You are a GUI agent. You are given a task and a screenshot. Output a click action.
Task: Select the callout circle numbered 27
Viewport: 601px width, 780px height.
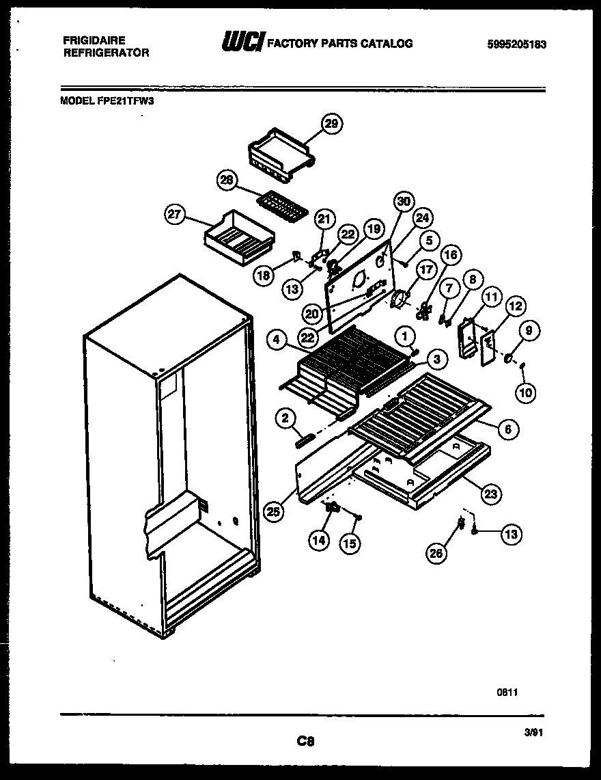(175, 214)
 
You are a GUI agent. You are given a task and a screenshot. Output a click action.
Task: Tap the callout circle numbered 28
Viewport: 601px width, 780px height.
(227, 180)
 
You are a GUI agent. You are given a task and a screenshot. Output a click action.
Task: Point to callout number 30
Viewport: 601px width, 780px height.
(404, 201)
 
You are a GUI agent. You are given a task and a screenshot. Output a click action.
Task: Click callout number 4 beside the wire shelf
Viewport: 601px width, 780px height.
(277, 340)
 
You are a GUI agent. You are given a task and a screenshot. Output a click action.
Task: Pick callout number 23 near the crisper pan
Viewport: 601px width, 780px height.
(490, 493)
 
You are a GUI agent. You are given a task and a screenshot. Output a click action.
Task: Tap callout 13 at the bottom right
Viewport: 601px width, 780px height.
(510, 535)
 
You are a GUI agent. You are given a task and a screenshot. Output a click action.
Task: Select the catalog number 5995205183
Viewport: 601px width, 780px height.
(517, 44)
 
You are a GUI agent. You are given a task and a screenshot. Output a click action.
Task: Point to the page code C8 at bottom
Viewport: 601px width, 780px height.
(305, 740)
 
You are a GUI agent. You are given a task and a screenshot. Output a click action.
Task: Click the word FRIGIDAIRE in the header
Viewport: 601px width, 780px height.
(94, 40)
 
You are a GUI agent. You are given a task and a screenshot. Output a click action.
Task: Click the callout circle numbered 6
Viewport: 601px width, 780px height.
(507, 429)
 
